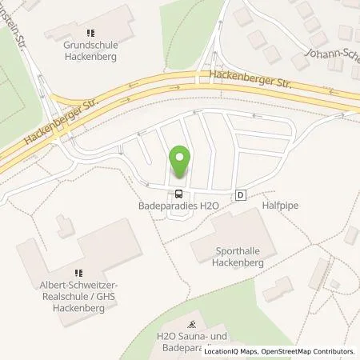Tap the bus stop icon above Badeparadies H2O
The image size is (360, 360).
click(179, 193)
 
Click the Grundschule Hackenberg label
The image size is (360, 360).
click(90, 50)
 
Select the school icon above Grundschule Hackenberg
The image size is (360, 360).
click(90, 34)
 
